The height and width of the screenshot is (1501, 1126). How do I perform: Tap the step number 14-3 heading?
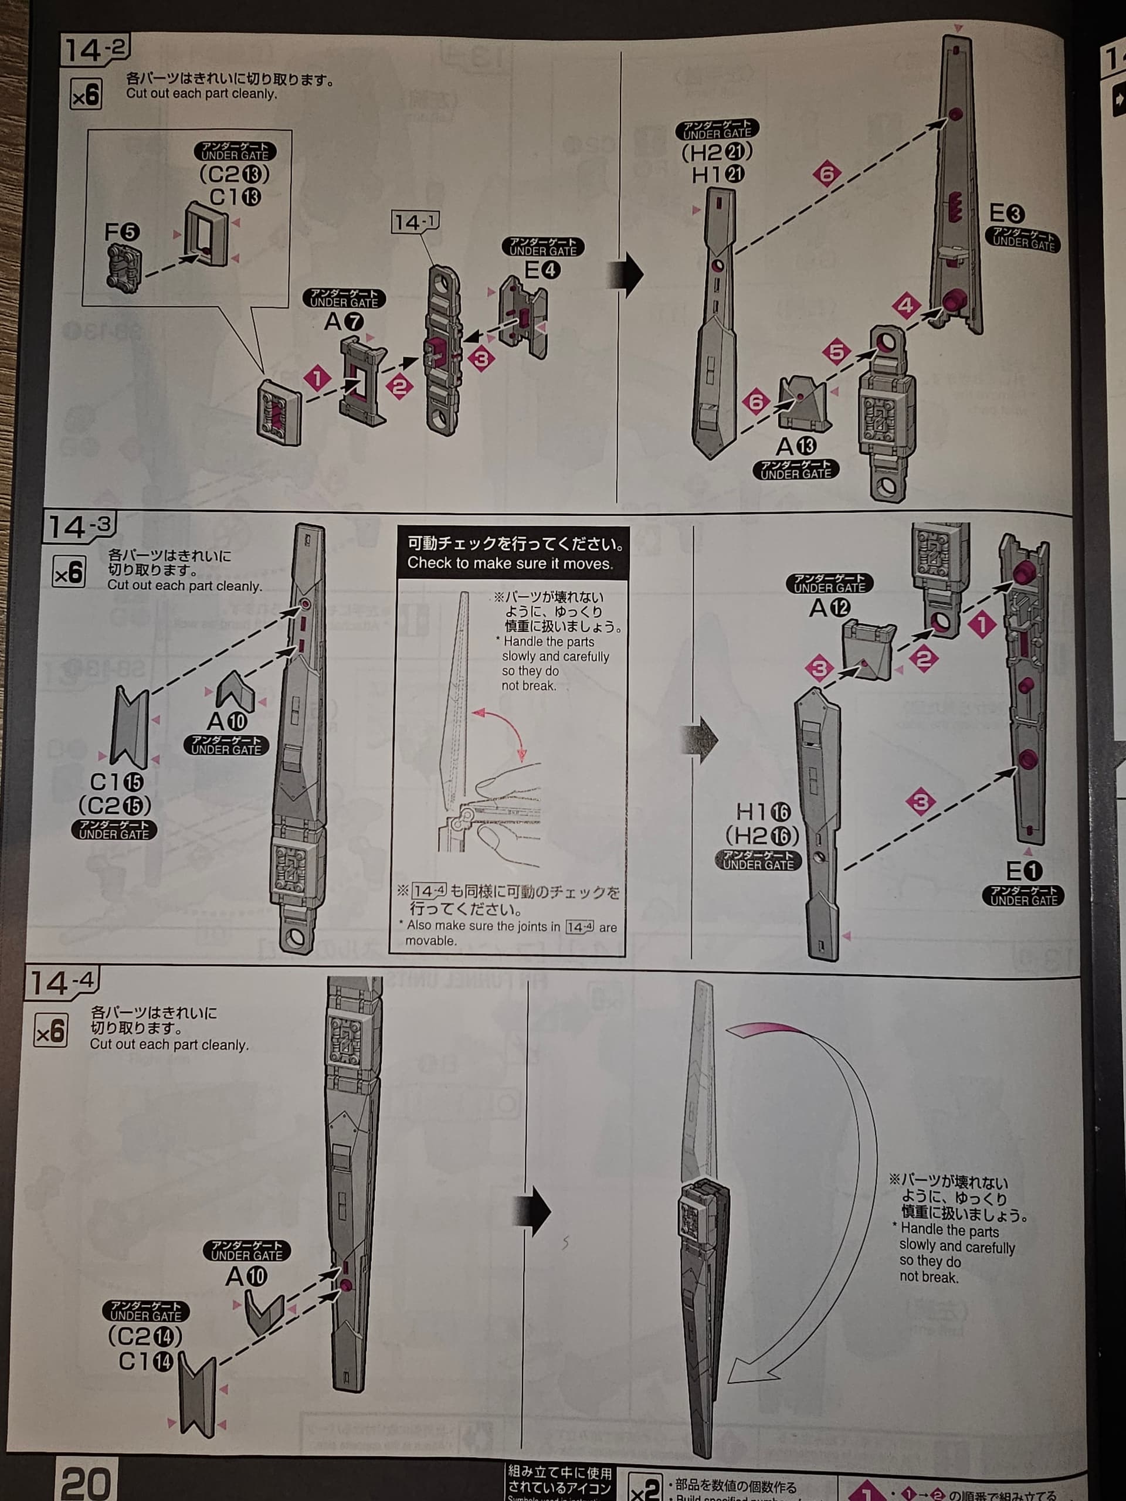point(79,527)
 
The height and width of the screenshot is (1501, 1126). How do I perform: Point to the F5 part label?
point(122,233)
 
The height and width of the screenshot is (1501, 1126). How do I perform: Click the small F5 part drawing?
point(124,269)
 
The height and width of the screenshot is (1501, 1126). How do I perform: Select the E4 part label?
point(542,271)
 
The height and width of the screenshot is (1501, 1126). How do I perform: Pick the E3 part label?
point(1006,214)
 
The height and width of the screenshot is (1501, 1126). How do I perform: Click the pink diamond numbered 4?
point(906,305)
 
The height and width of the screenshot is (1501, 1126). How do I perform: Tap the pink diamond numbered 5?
point(836,351)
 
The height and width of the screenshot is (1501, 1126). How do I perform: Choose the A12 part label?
point(829,607)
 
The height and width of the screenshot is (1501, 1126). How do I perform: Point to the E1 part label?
point(1023,871)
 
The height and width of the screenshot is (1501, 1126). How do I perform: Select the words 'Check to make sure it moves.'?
point(510,563)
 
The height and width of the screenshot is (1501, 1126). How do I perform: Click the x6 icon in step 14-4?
point(51,1032)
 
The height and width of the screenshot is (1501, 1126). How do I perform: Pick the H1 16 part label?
point(764,811)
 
